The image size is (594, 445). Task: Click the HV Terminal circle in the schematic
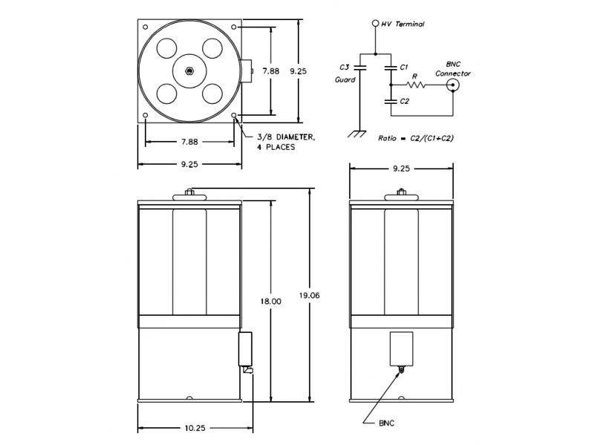376,24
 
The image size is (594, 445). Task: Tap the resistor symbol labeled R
416,85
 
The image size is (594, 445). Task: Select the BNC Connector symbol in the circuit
453,85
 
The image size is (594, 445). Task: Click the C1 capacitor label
404,67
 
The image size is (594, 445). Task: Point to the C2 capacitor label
405,102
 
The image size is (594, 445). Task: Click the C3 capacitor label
344,67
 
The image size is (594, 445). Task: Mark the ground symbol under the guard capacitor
357,134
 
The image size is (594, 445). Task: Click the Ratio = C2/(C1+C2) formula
416,138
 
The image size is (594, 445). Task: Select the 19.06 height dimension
309,295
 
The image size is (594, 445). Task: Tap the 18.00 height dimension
270,302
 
